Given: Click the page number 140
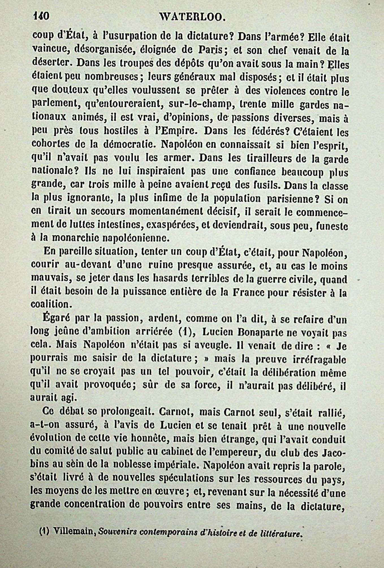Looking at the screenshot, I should (41, 16).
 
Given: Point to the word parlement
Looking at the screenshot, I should (55, 105).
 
